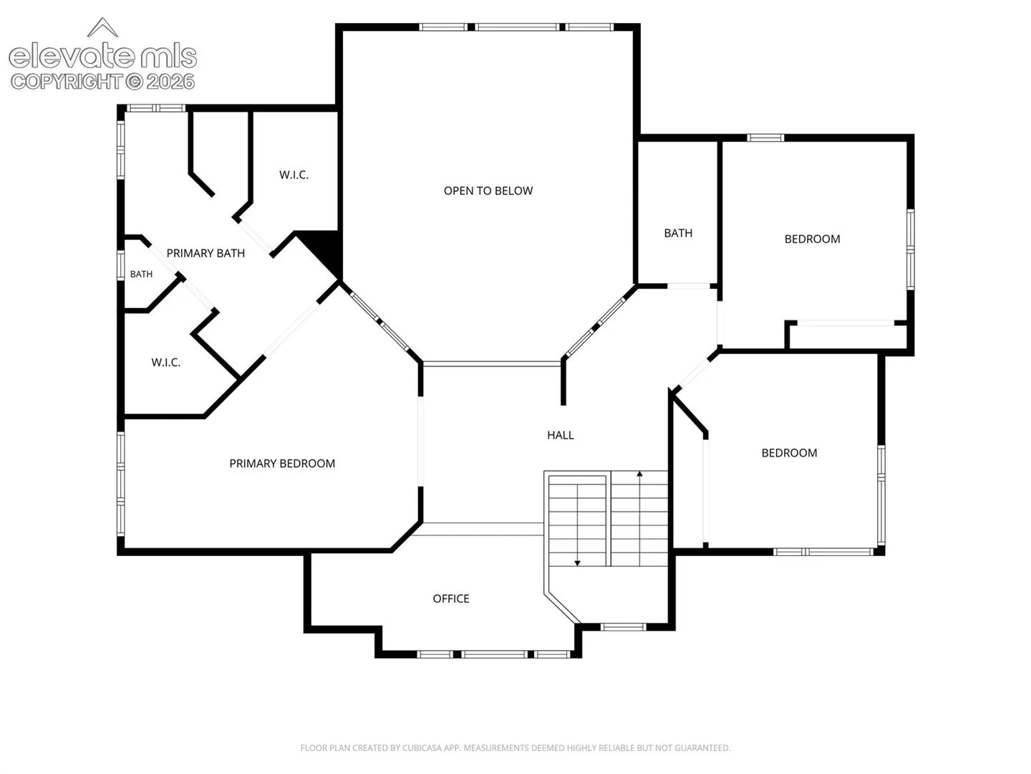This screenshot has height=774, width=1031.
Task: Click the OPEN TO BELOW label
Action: pos(488,191)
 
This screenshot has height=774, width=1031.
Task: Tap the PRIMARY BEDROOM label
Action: pos(282,464)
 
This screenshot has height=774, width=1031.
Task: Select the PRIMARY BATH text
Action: pos(205,253)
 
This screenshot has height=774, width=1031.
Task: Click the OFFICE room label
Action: pos(451,598)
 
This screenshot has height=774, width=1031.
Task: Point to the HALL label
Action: pos(561,435)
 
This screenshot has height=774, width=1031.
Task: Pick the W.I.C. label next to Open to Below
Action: pos(294,175)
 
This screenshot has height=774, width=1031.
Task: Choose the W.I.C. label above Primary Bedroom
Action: pos(166,363)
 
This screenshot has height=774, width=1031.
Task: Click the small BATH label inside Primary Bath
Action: pos(141,274)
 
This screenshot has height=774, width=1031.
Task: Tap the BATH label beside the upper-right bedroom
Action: pos(678,233)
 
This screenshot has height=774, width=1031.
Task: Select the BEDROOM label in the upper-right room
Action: pos(812,239)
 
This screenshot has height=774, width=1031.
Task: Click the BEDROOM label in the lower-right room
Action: pos(789,453)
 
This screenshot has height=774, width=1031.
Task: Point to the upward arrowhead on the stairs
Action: pos(639,474)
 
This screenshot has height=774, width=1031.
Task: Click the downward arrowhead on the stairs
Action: pos(577,563)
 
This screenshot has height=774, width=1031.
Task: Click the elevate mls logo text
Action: pos(102,57)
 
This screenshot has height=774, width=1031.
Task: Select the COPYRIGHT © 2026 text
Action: pos(102,82)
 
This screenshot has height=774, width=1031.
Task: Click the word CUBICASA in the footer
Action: pos(420,747)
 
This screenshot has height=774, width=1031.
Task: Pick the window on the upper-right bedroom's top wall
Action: pos(765,138)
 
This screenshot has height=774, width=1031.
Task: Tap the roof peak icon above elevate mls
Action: pos(102,27)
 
